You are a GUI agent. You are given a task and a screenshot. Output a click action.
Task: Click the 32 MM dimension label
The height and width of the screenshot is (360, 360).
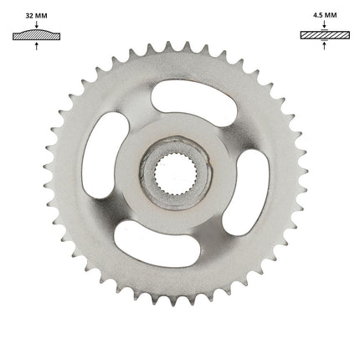point(36,16)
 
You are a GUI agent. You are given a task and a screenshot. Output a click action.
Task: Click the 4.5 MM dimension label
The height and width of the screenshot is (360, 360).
point(325,15)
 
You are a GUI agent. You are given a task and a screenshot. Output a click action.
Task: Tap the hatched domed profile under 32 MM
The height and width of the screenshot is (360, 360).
point(36,34)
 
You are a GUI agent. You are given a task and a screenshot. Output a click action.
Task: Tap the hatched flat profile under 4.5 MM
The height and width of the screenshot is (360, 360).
point(325,35)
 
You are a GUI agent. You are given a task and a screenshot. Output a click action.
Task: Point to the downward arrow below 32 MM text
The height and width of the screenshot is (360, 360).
point(36,24)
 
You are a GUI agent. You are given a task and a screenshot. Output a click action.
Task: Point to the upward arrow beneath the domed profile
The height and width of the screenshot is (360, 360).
point(36,46)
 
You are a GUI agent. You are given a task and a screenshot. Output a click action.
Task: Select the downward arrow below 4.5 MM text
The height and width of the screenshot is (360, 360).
point(324,24)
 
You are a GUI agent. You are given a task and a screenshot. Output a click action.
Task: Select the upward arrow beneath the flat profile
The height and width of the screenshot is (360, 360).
point(324,45)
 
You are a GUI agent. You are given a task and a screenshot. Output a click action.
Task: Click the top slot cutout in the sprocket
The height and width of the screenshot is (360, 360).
point(194,102)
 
